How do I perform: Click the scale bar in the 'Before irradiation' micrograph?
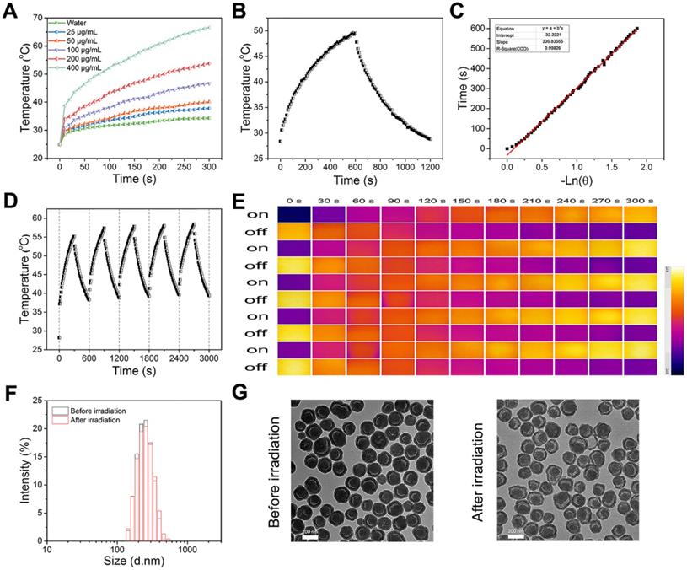(x=309, y=534)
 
